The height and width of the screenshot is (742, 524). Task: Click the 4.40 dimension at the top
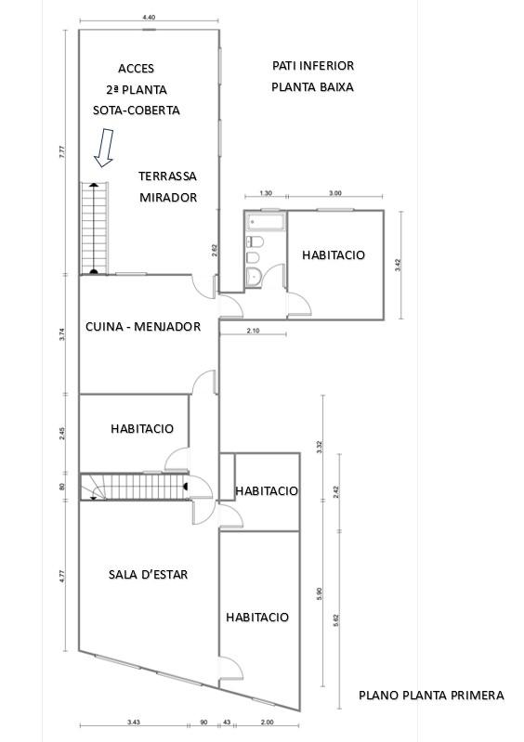pyautogui.click(x=149, y=18)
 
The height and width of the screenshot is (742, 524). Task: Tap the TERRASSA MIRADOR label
pyautogui.click(x=167, y=187)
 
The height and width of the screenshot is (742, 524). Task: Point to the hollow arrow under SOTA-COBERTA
pyautogui.click(x=104, y=148)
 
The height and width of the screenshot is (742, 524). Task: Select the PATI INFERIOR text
pyautogui.click(x=313, y=65)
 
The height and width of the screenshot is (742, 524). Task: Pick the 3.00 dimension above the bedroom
pyautogui.click(x=335, y=193)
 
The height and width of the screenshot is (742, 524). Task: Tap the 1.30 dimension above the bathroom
pyautogui.click(x=266, y=193)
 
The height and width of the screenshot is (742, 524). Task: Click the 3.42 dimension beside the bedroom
pyautogui.click(x=398, y=265)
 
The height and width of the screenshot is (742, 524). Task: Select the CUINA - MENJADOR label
pyautogui.click(x=143, y=327)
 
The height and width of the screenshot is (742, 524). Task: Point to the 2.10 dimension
pyautogui.click(x=254, y=331)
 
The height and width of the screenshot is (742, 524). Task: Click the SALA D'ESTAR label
pyautogui.click(x=148, y=575)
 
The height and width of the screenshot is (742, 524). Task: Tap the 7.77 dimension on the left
pyautogui.click(x=62, y=152)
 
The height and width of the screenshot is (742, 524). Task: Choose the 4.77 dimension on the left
pyautogui.click(x=62, y=577)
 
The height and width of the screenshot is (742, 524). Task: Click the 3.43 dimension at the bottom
pyautogui.click(x=134, y=722)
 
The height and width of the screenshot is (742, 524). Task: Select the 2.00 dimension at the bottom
pyautogui.click(x=267, y=722)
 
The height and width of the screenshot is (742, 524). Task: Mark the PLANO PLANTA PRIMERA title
pyautogui.click(x=431, y=696)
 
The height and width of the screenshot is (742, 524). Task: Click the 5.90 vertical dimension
pyautogui.click(x=319, y=594)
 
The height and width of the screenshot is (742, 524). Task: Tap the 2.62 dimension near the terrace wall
pyautogui.click(x=214, y=251)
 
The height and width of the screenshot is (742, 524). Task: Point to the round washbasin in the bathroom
pyautogui.click(x=255, y=276)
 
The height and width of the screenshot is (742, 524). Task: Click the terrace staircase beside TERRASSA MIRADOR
pyautogui.click(x=94, y=228)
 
